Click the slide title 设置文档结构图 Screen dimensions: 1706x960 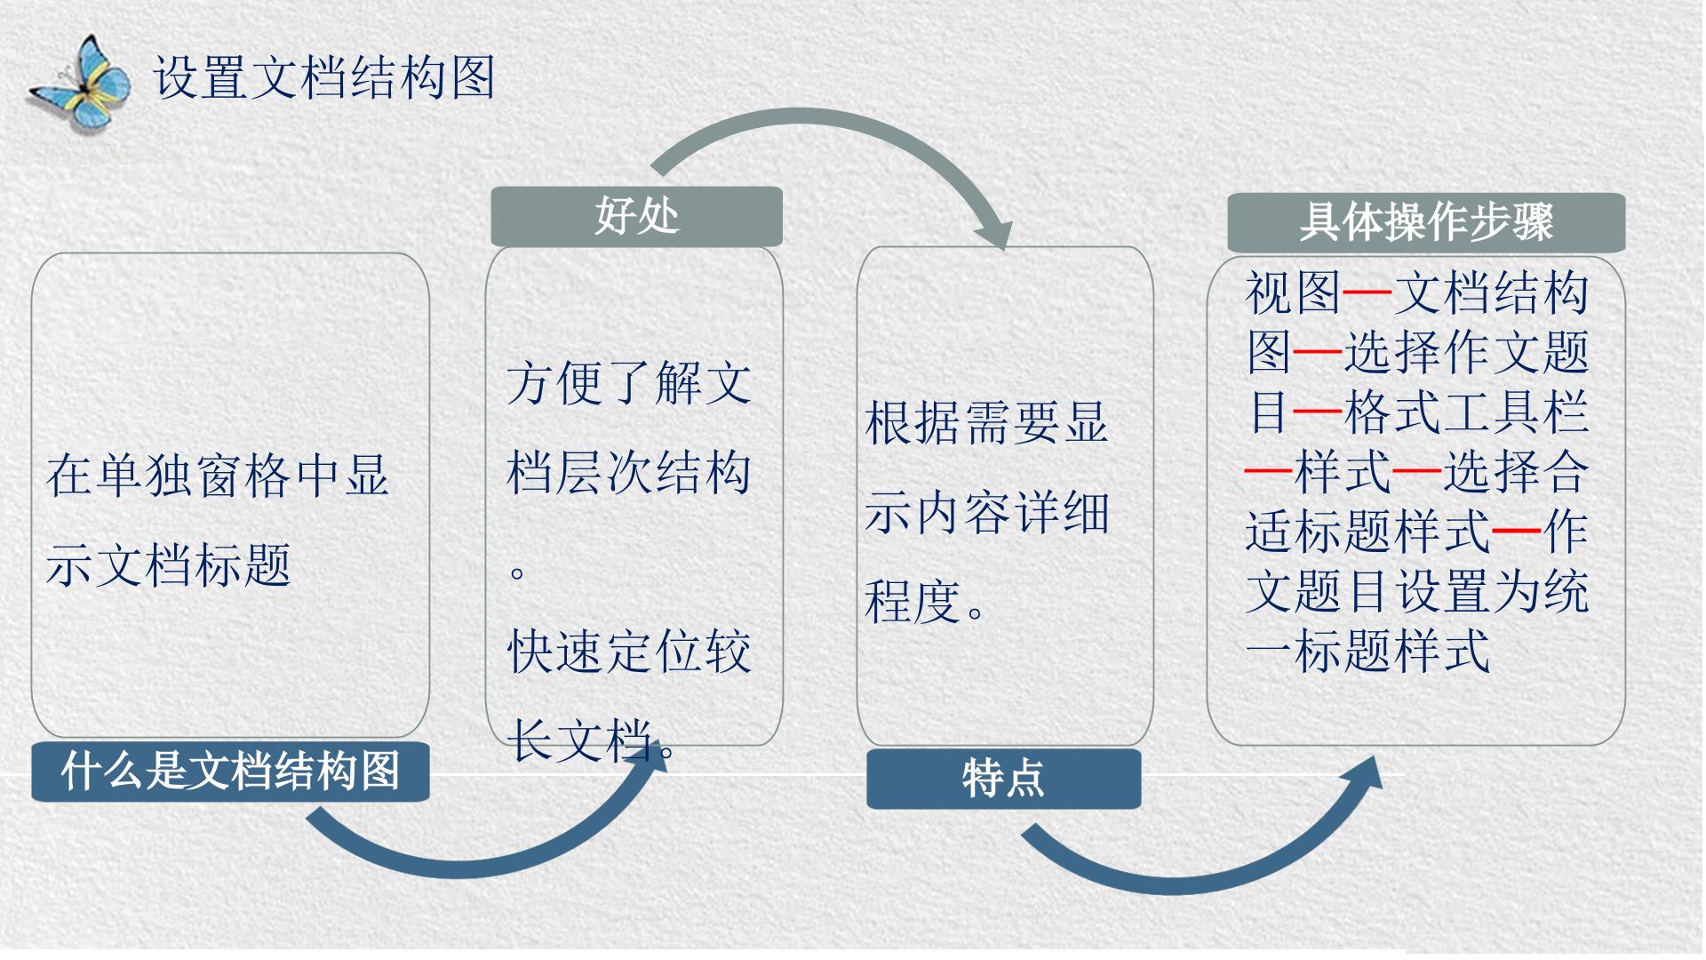click(323, 76)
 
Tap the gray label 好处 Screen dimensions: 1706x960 click(636, 216)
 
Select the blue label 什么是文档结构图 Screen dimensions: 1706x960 click(230, 771)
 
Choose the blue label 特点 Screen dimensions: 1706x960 click(1003, 779)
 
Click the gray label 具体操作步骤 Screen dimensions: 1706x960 click(1426, 222)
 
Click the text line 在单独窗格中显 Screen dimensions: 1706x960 click(218, 476)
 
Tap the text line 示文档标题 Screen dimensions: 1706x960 click(168, 564)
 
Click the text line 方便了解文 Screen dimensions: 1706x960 click(629, 383)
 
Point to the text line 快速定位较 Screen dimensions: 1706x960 click(629, 652)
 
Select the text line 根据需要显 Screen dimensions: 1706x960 click(987, 422)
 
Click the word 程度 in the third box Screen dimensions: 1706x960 click(913, 602)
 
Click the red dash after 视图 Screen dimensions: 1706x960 click(1367, 292)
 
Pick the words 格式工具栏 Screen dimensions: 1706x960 click(1465, 412)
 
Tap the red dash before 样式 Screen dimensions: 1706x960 click(1269, 471)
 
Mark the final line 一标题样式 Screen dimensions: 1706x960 click(1367, 651)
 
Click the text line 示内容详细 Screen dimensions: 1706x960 click(987, 513)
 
